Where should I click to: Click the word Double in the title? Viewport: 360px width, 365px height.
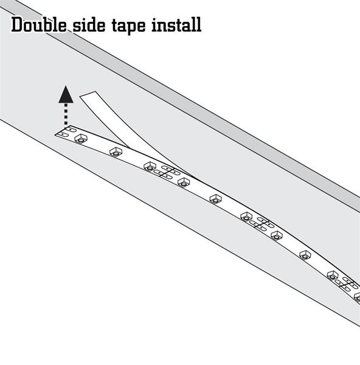point(39,25)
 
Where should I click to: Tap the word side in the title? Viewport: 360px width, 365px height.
point(89,25)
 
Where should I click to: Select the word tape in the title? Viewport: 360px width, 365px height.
point(129,26)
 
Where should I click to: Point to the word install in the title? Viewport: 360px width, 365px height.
point(176,25)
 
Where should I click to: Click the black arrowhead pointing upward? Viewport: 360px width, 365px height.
point(66,94)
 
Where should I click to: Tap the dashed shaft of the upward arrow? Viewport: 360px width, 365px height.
point(66,114)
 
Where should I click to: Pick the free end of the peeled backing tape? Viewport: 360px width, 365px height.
point(88,94)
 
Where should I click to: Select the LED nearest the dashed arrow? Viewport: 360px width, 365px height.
point(81,138)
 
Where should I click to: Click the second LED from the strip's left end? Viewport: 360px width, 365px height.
point(116,151)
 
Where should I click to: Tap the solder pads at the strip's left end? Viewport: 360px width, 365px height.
point(66,131)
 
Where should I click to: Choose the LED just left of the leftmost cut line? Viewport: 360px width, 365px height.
point(150,167)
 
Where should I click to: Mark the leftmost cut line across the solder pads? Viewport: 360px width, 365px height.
point(167,172)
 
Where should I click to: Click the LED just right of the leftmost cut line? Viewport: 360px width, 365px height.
point(184,182)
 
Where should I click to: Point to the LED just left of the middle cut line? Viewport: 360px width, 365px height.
point(246,217)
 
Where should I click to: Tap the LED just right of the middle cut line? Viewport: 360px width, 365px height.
point(277,235)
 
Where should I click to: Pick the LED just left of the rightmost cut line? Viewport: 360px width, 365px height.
point(333,276)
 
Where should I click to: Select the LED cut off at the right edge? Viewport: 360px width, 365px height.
point(357,297)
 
